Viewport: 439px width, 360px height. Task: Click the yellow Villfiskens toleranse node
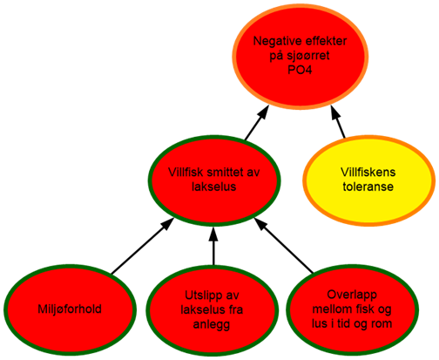click(x=368, y=180)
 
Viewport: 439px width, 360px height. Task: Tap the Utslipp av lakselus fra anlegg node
click(x=212, y=310)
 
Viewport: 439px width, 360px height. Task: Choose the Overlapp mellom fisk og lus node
click(x=352, y=310)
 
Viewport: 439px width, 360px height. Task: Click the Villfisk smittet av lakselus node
click(x=214, y=180)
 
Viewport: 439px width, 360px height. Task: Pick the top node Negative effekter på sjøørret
click(x=301, y=57)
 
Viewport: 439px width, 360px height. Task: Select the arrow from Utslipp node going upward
click(x=213, y=246)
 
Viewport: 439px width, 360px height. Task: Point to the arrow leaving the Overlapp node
click(x=284, y=246)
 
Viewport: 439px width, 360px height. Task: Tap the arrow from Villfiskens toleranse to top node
click(x=338, y=121)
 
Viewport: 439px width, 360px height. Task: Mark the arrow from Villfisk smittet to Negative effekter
click(x=257, y=123)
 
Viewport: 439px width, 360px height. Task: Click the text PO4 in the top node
click(x=300, y=71)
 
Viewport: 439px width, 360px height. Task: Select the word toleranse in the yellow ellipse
click(x=368, y=187)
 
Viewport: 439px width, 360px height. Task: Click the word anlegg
click(x=212, y=324)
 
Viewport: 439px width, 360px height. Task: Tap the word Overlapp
click(x=352, y=295)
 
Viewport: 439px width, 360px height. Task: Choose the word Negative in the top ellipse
click(x=274, y=41)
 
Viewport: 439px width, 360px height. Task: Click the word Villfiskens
click(x=368, y=172)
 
